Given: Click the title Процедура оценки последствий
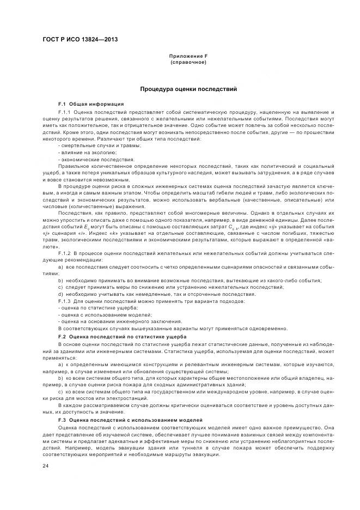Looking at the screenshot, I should click(188, 89).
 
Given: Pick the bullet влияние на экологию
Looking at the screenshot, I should click(83, 152).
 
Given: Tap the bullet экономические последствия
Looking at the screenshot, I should click(90, 159).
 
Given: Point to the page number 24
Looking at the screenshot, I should click(46, 466).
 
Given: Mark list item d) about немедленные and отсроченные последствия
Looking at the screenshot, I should click(133, 294).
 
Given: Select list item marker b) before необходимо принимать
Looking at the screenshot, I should click(61, 280).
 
